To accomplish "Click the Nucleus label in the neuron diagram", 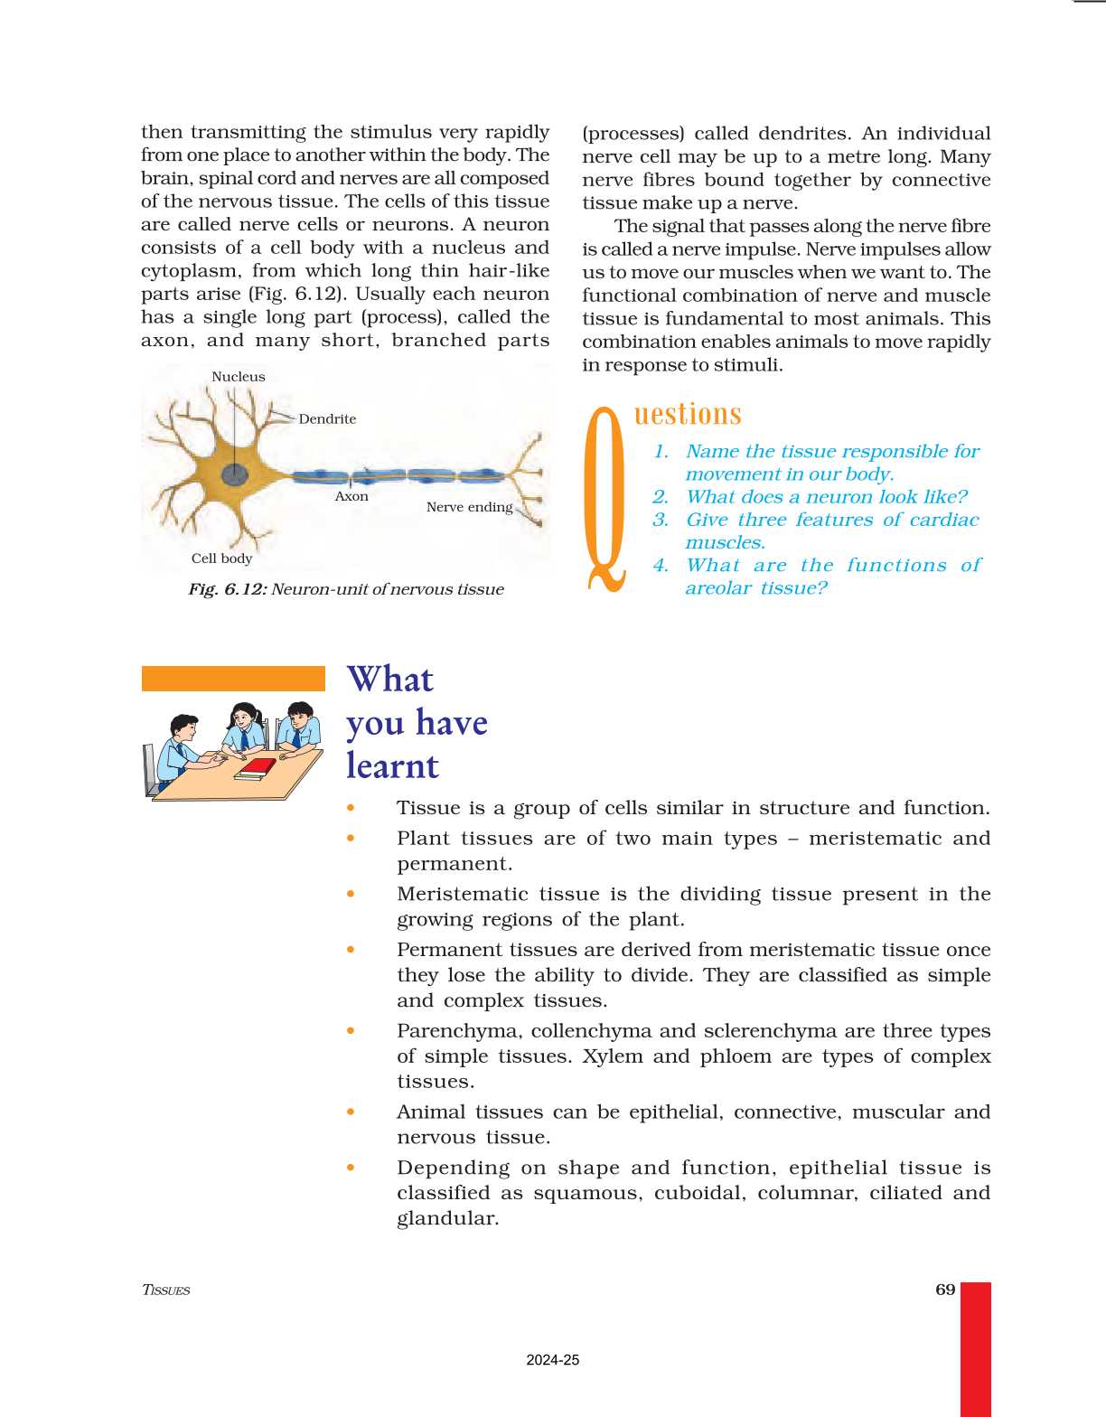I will tap(239, 377).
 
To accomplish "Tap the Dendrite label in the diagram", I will tap(327, 419).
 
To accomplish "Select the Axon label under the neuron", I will tap(351, 496).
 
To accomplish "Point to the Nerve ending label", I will tap(469, 507).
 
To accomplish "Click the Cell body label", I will tap(221, 558).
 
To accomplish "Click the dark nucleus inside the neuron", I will tap(235, 474).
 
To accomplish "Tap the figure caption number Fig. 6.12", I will tap(227, 589).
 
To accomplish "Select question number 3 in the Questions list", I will tap(661, 520).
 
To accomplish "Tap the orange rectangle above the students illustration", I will tap(233, 679).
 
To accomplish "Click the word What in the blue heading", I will tap(390, 679).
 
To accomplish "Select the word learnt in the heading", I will tap(393, 766).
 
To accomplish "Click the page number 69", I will tap(945, 1290).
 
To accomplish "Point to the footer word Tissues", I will tap(166, 1290).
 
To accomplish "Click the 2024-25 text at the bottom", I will tap(552, 1360).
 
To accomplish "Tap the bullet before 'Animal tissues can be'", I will tap(351, 1112).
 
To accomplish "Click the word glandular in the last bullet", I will tap(447, 1219).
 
